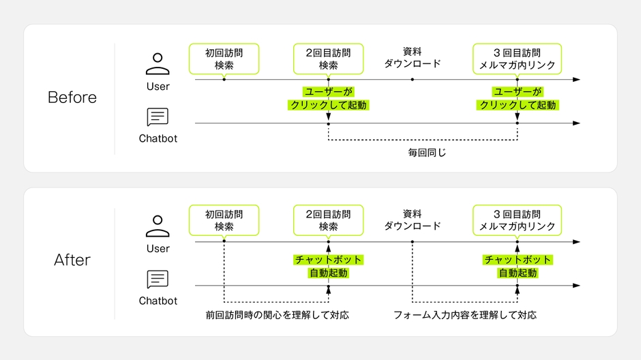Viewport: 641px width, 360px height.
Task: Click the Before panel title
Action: [72, 97]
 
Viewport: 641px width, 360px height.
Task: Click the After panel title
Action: [72, 260]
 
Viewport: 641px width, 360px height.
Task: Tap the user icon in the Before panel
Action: [158, 63]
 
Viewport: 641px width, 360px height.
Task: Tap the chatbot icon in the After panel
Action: [158, 279]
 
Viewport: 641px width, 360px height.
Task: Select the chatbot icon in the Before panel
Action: [158, 117]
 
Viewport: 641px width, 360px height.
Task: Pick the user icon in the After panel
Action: [158, 226]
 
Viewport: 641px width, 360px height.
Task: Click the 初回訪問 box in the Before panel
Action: [224, 59]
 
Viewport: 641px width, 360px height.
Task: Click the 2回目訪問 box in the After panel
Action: [328, 220]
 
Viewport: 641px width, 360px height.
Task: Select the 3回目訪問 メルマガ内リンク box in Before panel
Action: [517, 59]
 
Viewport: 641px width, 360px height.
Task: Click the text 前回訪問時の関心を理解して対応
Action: [277, 316]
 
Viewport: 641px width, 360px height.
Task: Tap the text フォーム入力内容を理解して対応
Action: [464, 316]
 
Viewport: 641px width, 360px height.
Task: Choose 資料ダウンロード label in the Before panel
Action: [412, 58]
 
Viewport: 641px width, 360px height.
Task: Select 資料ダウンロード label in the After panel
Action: [412, 220]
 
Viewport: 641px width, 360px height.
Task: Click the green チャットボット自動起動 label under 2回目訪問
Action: [328, 267]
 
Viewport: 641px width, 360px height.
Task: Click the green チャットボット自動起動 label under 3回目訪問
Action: [517, 267]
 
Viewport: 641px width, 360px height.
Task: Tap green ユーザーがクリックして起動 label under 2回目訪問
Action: [328, 98]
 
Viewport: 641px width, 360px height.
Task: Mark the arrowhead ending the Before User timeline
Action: [577, 80]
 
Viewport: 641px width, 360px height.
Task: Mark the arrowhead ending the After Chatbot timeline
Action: [577, 285]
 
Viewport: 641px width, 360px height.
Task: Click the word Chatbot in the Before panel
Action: [158, 138]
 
